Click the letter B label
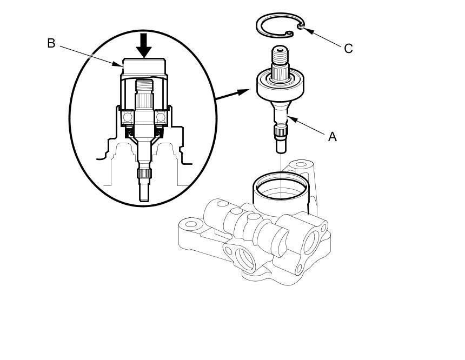click(51, 43)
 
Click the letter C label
click(348, 49)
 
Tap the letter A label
click(333, 137)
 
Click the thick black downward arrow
click(144, 45)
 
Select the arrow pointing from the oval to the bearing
click(232, 94)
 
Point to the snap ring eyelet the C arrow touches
click(300, 27)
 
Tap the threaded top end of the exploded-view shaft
click(280, 56)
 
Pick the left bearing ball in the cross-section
click(128, 117)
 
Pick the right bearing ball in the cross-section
click(161, 117)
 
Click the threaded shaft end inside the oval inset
click(144, 86)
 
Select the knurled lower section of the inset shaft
click(144, 174)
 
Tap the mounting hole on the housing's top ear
click(301, 164)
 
